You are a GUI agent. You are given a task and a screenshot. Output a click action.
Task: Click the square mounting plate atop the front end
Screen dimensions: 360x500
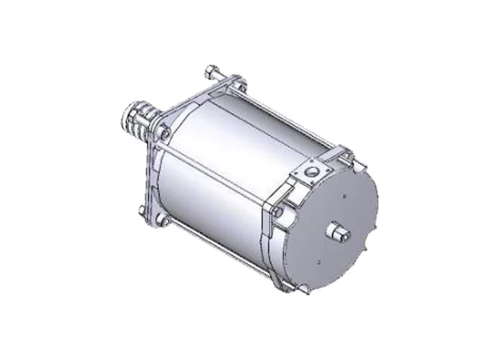(311, 173)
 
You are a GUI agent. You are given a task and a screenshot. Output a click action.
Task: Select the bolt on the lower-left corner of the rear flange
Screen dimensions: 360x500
(143, 210)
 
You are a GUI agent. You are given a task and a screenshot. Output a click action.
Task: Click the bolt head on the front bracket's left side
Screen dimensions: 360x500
(277, 212)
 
